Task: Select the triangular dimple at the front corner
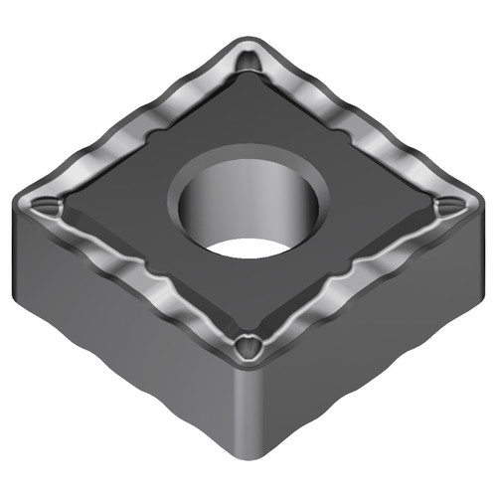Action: (248, 348)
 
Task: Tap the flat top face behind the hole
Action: (248, 119)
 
